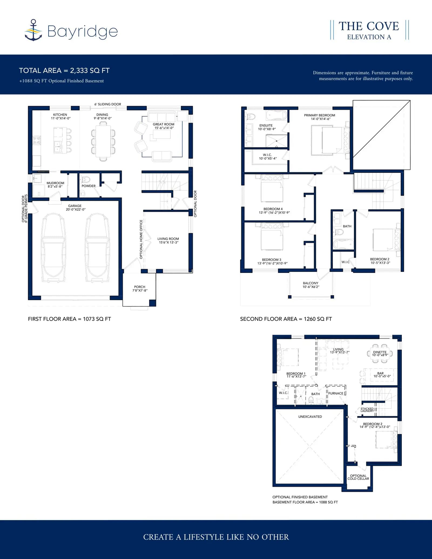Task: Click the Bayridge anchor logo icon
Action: click(33, 30)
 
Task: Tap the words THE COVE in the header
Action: click(369, 26)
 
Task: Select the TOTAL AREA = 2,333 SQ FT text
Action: click(64, 70)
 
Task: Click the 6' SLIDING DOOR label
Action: click(108, 104)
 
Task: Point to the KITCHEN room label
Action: click(60, 115)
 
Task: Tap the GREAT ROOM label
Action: click(164, 124)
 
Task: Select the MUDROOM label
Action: click(55, 183)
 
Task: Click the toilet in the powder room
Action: click(85, 179)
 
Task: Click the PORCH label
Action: click(140, 287)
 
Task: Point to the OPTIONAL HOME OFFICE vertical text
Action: click(141, 239)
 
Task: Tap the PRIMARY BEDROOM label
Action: click(320, 115)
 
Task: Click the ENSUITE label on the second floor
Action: click(266, 126)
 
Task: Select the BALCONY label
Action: click(310, 283)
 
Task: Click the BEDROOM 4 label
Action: click(273, 209)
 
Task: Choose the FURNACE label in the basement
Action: click(336, 393)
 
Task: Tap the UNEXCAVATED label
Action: click(310, 416)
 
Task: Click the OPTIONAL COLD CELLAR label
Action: click(358, 477)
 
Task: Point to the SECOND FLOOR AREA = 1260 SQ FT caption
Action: click(286, 319)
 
